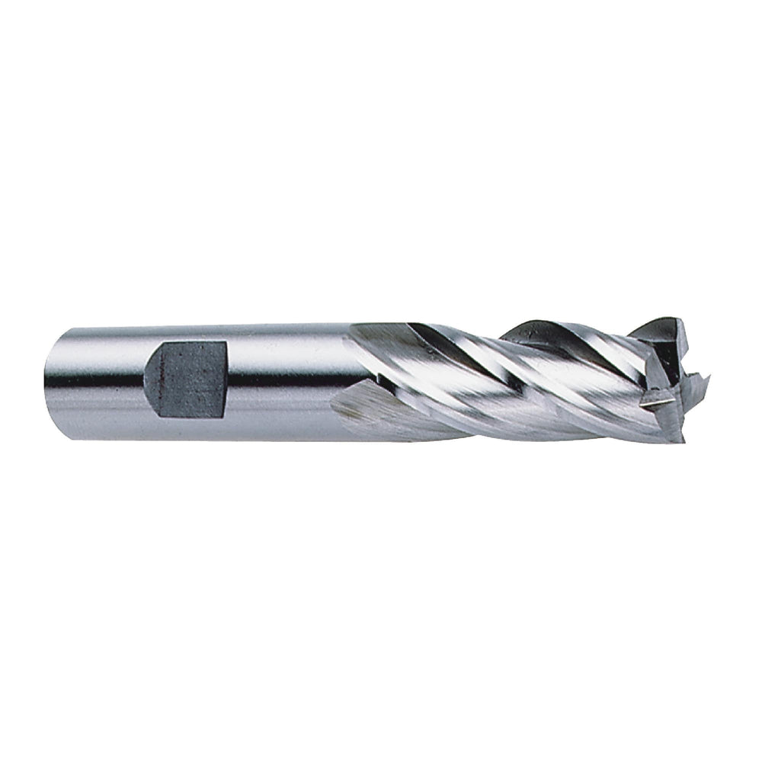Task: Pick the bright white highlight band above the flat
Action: [190, 335]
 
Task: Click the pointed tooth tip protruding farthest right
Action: [716, 375]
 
